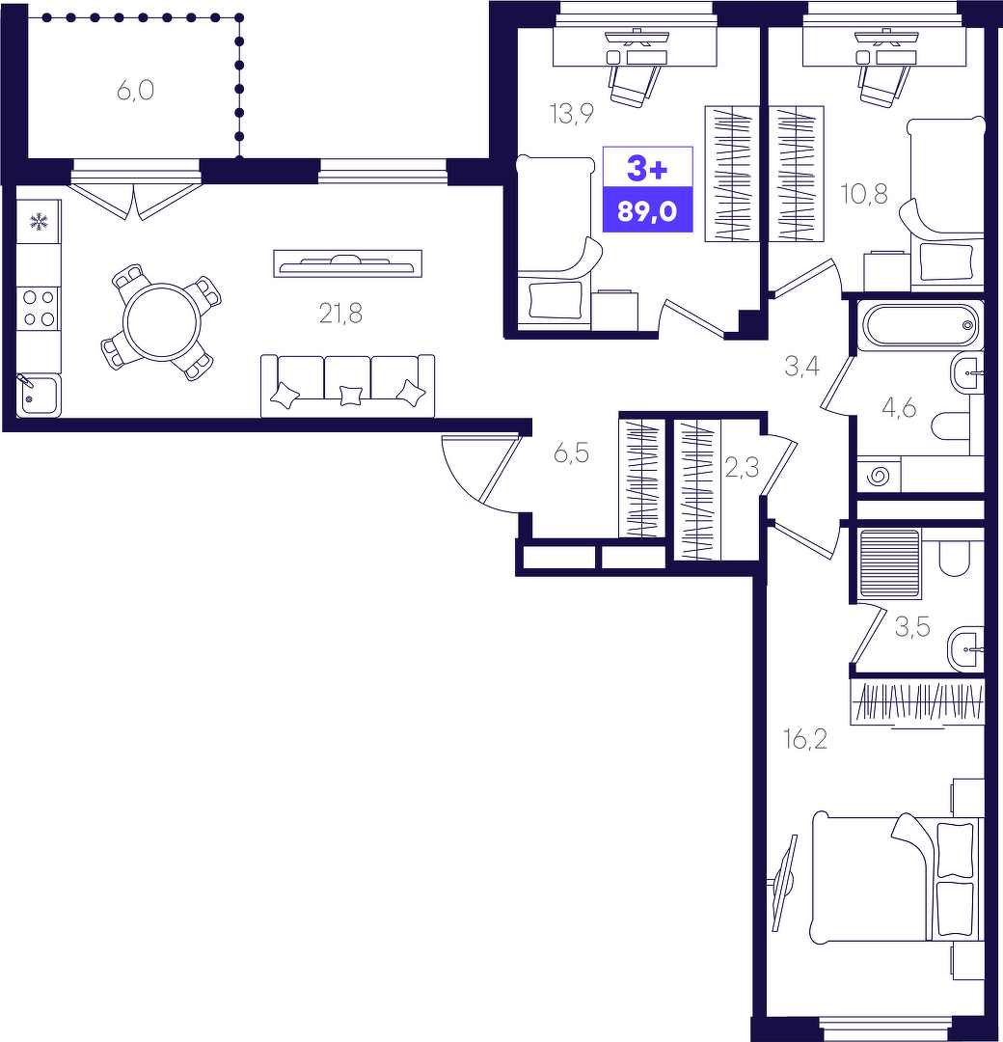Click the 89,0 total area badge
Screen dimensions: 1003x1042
click(647, 211)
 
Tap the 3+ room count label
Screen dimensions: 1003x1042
click(647, 169)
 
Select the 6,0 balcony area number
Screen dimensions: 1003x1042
click(136, 90)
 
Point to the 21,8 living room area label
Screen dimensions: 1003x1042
click(340, 313)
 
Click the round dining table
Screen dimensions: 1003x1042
click(161, 323)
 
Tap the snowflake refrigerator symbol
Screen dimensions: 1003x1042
click(40, 221)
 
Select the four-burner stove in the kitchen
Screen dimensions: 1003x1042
click(39, 309)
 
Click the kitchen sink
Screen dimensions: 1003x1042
click(39, 396)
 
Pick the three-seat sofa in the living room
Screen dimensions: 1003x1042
click(347, 385)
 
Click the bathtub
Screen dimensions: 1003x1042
click(920, 325)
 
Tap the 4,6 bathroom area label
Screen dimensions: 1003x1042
click(899, 408)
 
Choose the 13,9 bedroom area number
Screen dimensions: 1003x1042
click(571, 114)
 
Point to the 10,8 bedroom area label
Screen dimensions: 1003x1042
click(863, 194)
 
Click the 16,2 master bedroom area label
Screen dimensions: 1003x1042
click(805, 738)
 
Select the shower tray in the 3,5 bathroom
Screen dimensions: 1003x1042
click(889, 562)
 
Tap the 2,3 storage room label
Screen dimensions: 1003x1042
click(742, 468)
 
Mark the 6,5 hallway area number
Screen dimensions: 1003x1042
click(571, 453)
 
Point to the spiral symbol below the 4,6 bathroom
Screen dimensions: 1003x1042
click(879, 475)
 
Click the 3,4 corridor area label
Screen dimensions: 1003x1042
click(801, 366)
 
